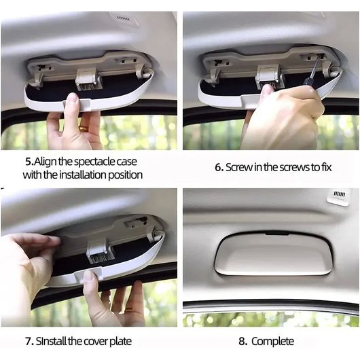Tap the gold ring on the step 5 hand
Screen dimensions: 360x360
pyautogui.click(x=84, y=128)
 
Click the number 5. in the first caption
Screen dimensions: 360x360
pyautogui.click(x=29, y=162)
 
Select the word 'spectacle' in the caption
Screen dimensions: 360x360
pyautogui.click(x=95, y=162)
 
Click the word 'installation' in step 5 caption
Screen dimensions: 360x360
pyautogui.click(x=83, y=175)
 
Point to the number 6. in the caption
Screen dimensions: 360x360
pyautogui.click(x=219, y=167)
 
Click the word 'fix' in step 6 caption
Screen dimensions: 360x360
pyautogui.click(x=326, y=167)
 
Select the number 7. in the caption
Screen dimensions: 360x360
pyautogui.click(x=30, y=342)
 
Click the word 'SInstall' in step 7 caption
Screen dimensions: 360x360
pyautogui.click(x=52, y=342)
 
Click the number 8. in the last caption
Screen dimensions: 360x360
pyautogui.click(x=243, y=341)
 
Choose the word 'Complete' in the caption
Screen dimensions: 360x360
pyautogui.click(x=273, y=342)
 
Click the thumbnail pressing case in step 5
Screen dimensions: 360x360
pyautogui.click(x=73, y=98)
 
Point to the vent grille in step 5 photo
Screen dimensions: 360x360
pyautogui.click(x=123, y=18)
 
